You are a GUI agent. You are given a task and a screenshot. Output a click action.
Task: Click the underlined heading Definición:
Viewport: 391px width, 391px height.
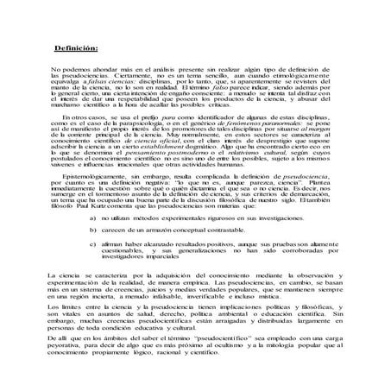pyautogui.click(x=76, y=48)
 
